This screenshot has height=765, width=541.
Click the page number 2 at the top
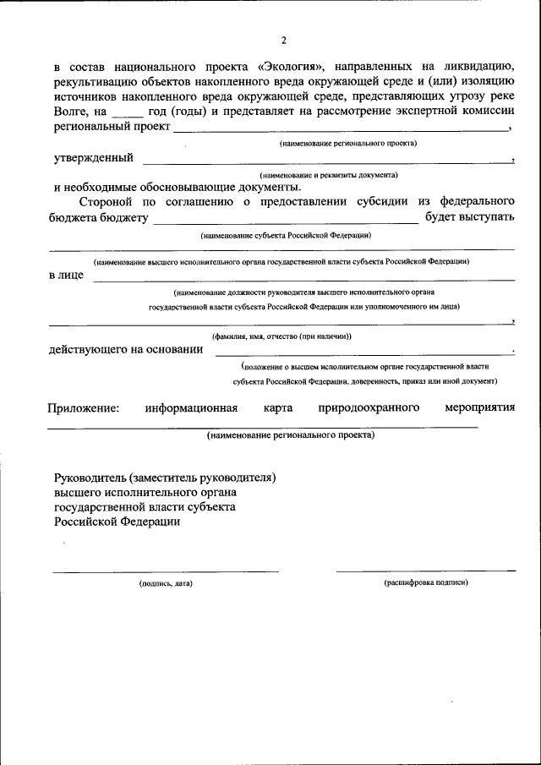(284, 40)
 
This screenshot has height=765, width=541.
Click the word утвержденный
(92, 157)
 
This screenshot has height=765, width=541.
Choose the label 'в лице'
(66, 276)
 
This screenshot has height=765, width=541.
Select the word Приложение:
(84, 407)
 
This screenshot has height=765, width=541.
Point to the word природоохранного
(369, 407)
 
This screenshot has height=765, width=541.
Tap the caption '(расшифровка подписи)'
(425, 583)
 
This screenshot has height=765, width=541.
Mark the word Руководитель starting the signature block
(90, 477)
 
